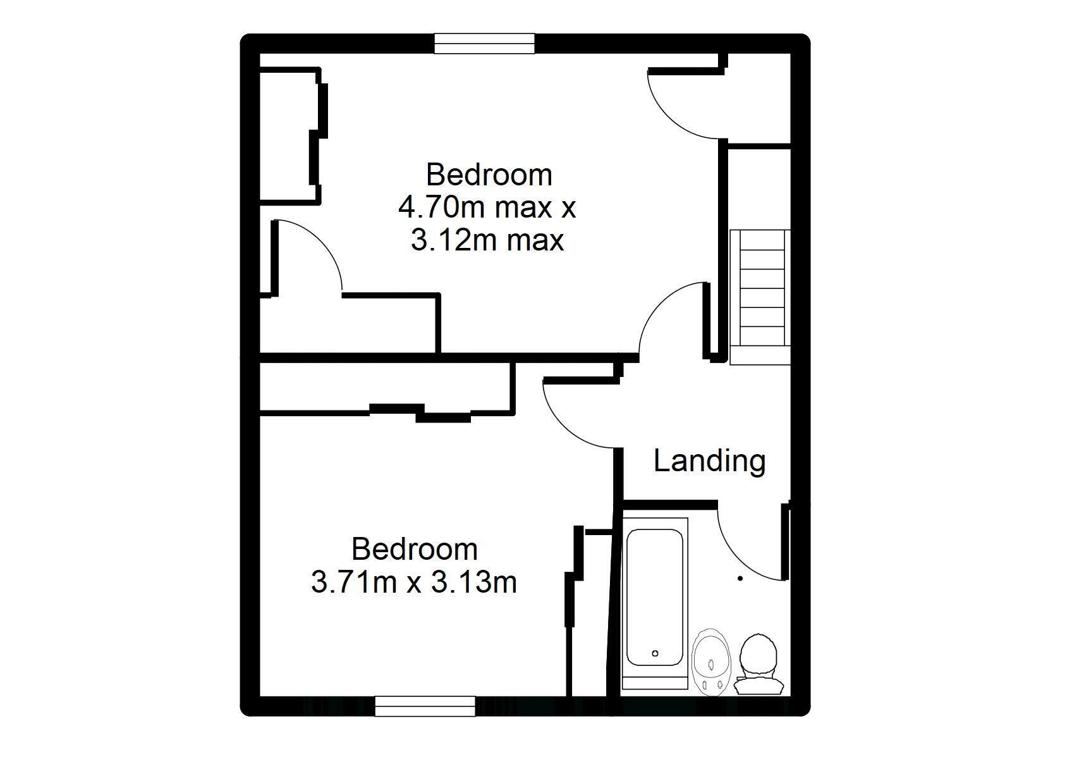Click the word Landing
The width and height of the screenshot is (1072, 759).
click(x=709, y=462)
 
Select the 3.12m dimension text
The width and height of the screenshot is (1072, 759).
click(x=456, y=240)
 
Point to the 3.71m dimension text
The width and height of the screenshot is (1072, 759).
click(x=354, y=583)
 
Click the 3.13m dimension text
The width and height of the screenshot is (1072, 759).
click(x=474, y=583)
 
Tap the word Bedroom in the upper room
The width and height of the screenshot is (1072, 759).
click(x=489, y=175)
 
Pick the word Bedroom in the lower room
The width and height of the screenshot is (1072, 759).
click(x=415, y=549)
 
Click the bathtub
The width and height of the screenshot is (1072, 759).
click(x=655, y=604)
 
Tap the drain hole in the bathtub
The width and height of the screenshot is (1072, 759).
click(x=655, y=653)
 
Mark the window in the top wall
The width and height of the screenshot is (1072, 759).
click(x=484, y=44)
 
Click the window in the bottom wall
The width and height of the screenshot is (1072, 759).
click(x=425, y=707)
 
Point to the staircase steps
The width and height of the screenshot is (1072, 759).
click(x=760, y=297)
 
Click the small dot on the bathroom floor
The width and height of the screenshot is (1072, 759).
click(x=740, y=579)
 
